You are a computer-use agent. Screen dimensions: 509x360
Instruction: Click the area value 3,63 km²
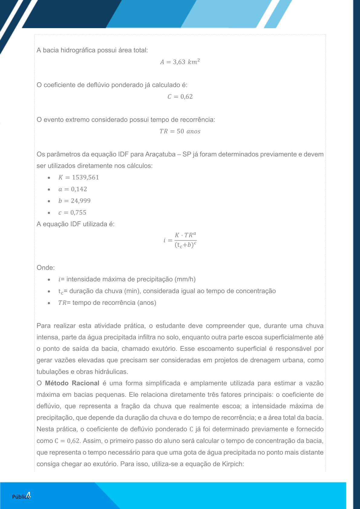(186, 62)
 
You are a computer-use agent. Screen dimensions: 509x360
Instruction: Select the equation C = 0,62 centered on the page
(180, 97)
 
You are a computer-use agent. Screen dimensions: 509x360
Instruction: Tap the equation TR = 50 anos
(180, 131)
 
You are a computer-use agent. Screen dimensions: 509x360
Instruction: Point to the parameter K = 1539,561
(79, 178)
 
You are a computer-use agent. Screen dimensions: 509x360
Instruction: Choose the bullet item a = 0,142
(73, 189)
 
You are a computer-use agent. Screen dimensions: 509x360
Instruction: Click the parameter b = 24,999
(74, 201)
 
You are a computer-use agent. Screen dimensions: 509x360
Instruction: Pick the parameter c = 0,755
(72, 213)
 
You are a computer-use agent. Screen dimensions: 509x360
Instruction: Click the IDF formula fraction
(185, 240)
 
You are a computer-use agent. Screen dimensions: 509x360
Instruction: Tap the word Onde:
(46, 268)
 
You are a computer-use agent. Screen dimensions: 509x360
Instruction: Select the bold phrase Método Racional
(72, 383)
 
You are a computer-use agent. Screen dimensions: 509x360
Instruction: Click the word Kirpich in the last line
(233, 464)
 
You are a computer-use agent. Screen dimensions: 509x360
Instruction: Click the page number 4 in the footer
(28, 495)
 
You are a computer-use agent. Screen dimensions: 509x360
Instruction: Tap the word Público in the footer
(20, 497)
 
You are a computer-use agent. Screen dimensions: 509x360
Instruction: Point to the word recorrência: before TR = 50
(198, 120)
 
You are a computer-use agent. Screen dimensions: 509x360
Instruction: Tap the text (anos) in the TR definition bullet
(147, 303)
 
